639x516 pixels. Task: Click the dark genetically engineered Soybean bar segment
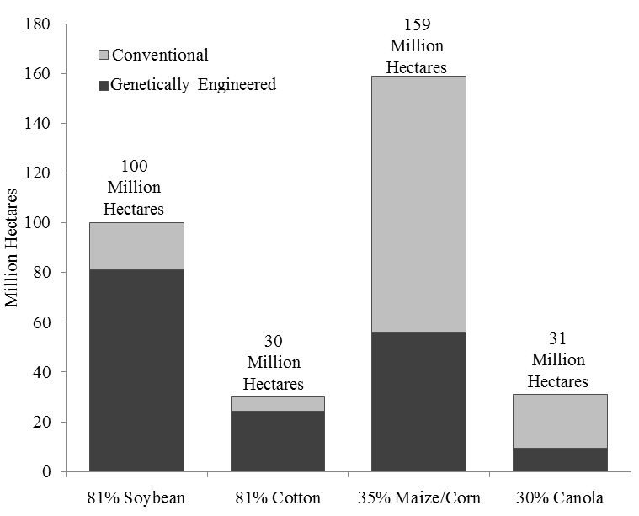(x=136, y=370)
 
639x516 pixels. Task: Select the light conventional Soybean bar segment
(x=136, y=246)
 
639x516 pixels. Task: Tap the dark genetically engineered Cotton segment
(x=278, y=441)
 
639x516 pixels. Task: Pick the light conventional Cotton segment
(x=278, y=404)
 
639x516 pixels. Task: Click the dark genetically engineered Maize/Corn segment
(x=418, y=402)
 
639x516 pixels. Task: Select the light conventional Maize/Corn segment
(x=418, y=205)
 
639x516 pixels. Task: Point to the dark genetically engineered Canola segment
(x=559, y=460)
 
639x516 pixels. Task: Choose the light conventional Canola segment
(x=559, y=421)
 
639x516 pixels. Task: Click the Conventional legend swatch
(x=104, y=56)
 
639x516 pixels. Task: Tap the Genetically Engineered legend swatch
(x=104, y=85)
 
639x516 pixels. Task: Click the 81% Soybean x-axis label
(x=136, y=497)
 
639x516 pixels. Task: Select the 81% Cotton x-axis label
(x=278, y=497)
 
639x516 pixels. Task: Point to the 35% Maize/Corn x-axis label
(x=418, y=497)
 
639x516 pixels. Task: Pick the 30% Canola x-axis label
(x=559, y=497)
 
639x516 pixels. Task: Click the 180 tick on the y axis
(x=43, y=24)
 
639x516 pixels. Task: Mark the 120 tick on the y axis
(x=43, y=173)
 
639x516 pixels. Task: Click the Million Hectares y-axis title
(x=13, y=248)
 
